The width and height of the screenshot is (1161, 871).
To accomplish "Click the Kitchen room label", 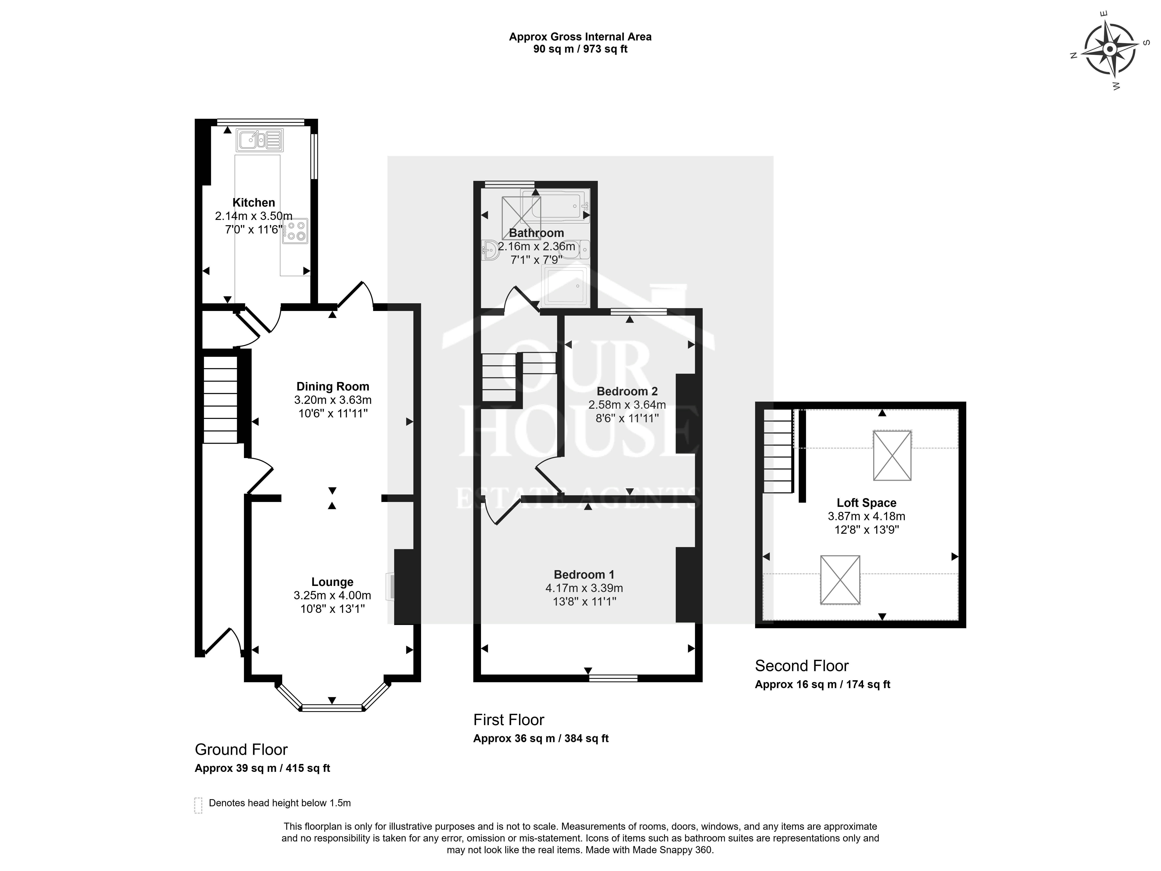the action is point(253,203).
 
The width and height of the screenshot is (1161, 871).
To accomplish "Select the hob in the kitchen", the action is point(295,231).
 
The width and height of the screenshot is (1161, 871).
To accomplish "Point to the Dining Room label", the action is point(333,387).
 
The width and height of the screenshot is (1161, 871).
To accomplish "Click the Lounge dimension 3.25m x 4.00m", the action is point(332,595).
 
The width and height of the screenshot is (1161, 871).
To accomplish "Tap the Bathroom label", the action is point(536,233).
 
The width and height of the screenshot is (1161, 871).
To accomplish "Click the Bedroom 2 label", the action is point(627,391).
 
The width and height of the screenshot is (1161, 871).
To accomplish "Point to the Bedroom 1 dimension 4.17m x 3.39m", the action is point(584,588).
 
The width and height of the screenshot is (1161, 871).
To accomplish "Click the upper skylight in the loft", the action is point(892,455).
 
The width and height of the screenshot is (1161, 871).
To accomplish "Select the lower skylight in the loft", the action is point(840,580).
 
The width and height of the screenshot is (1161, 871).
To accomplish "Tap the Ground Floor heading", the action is point(242,749).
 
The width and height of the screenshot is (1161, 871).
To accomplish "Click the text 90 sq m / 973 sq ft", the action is point(581,49).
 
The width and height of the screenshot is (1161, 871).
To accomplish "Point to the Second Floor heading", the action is point(801,666).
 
